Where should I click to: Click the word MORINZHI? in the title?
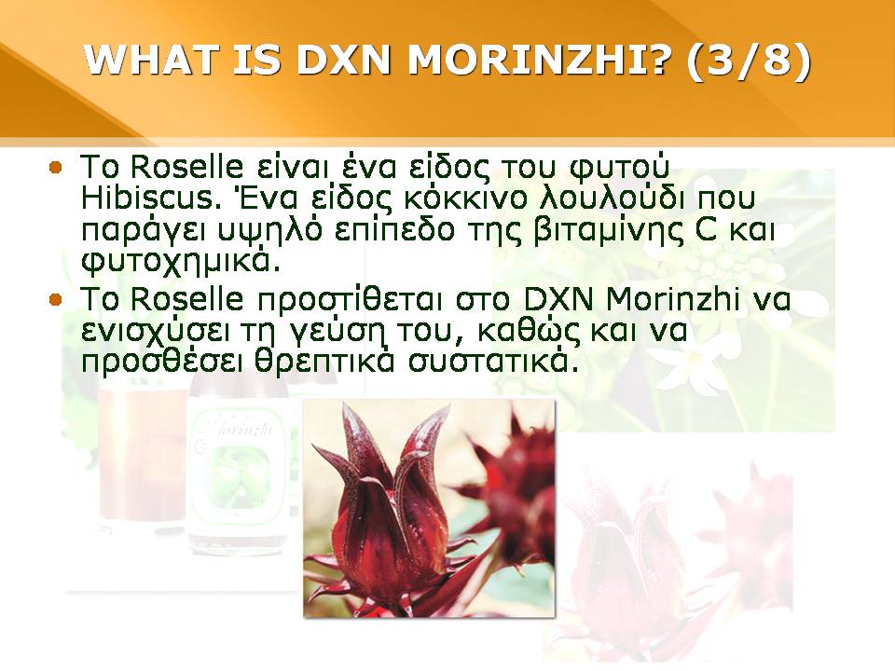click(537, 60)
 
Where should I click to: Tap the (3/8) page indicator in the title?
click(749, 60)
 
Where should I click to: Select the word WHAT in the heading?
click(151, 60)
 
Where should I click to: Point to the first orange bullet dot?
click(55, 168)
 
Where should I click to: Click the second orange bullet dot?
click(55, 299)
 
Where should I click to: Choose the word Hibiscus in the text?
click(151, 198)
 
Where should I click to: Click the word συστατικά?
click(489, 362)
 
